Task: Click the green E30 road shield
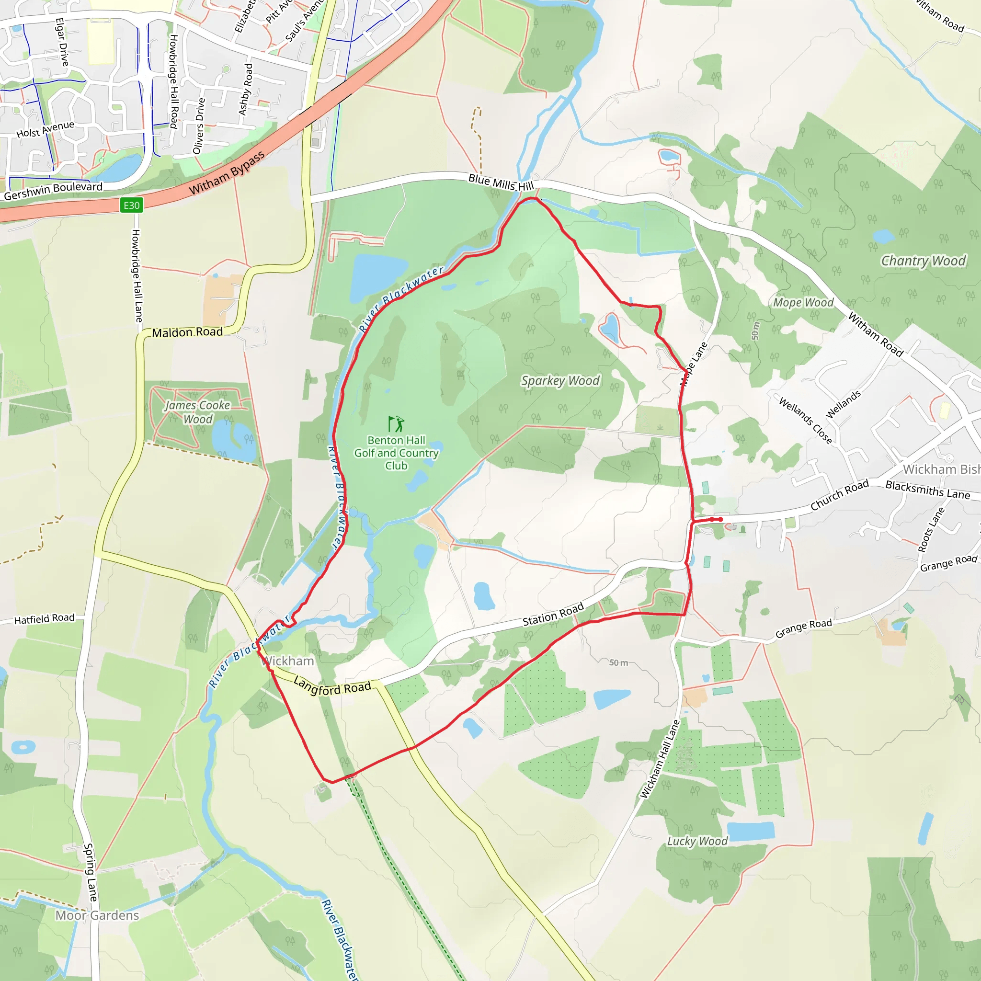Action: point(132,205)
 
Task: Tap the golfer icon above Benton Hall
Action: point(396,423)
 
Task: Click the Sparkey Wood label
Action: point(560,381)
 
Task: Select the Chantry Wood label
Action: point(923,261)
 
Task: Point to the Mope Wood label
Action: point(803,303)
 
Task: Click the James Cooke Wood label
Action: point(197,412)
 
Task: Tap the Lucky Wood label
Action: point(697,841)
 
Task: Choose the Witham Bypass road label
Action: point(227,173)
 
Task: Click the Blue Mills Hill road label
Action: point(501,183)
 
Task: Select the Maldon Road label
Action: point(187,332)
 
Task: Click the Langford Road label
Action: point(332,686)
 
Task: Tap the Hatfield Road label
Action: point(44,619)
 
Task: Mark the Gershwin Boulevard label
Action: point(53,191)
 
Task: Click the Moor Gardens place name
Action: point(97,915)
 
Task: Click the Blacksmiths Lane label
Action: point(928,490)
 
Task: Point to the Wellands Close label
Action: point(805,421)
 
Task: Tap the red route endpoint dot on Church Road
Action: point(720,519)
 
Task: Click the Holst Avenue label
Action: point(45,129)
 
